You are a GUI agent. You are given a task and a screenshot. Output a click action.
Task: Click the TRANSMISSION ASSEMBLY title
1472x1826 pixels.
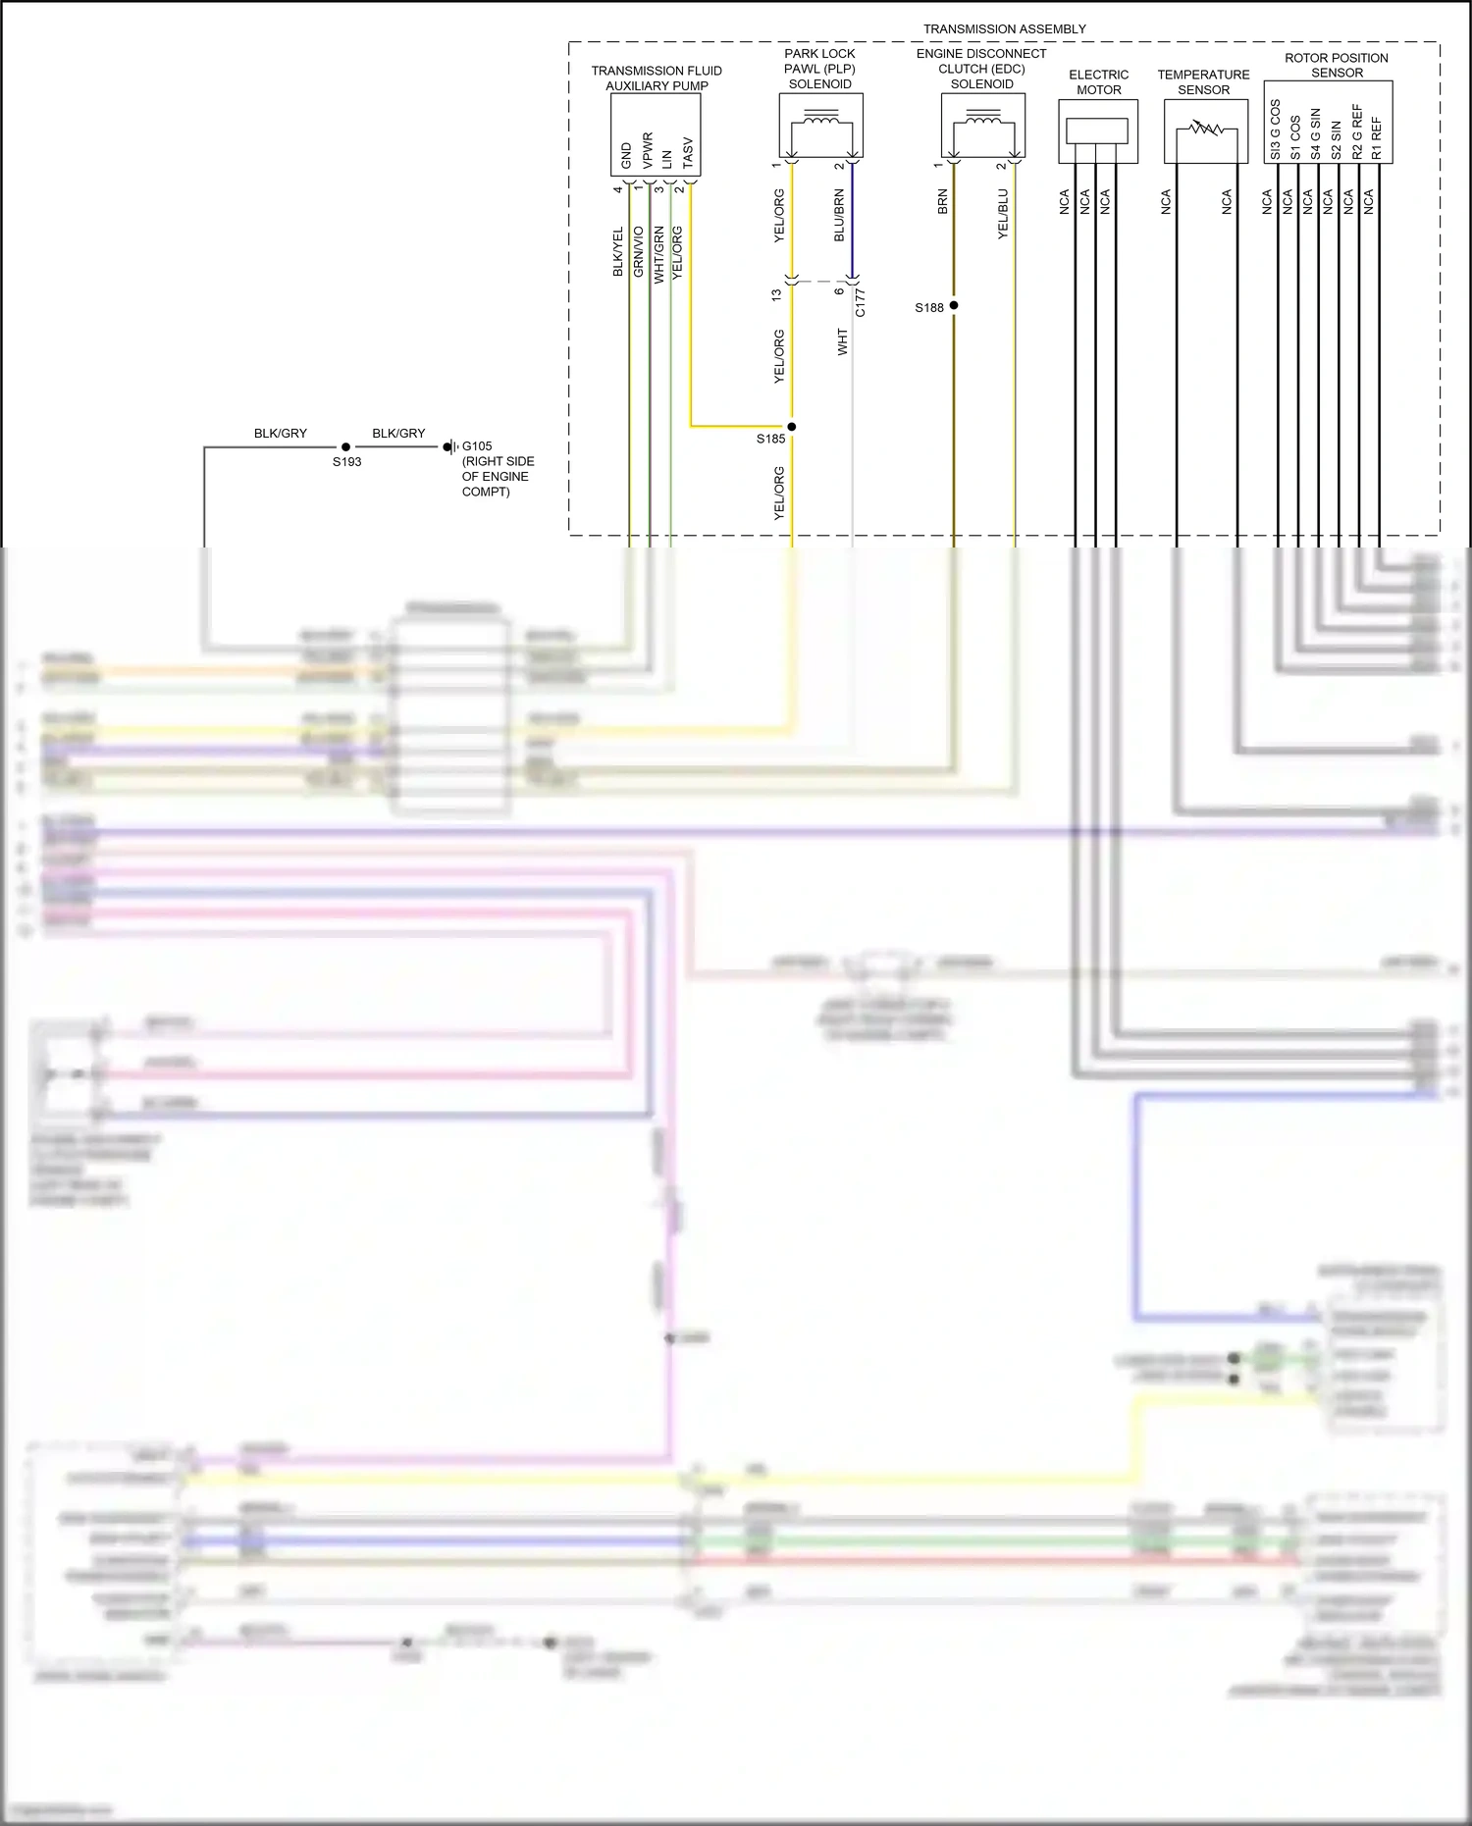point(1004,29)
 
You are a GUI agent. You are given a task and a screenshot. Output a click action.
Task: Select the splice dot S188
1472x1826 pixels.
point(954,306)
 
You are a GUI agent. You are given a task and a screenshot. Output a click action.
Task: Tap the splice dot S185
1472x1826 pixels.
point(792,427)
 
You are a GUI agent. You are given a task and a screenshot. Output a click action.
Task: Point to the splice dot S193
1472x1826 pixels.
point(345,447)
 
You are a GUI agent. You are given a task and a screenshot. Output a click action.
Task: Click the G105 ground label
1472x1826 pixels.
point(477,446)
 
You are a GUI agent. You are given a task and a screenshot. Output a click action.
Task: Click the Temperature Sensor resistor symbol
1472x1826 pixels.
point(1205,129)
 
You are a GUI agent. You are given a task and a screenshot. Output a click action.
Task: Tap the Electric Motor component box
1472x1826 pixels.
point(1097,130)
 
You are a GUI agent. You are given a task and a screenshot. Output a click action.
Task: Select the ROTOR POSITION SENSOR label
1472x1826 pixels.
point(1337,66)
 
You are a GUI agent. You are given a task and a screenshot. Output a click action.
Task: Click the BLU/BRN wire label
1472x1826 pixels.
point(839,216)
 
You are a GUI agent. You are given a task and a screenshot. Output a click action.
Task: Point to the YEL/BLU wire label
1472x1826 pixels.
point(1002,214)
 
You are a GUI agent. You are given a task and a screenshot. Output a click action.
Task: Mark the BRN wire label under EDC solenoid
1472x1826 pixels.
point(942,202)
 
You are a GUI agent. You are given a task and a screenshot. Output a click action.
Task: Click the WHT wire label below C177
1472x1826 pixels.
point(842,341)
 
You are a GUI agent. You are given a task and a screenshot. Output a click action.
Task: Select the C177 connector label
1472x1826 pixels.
point(860,302)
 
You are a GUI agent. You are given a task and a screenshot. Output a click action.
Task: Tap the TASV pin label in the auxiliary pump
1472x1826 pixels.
point(687,153)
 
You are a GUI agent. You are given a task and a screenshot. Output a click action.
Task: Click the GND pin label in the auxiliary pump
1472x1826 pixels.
point(626,155)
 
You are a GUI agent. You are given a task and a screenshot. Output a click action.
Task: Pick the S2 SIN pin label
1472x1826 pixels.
point(1336,140)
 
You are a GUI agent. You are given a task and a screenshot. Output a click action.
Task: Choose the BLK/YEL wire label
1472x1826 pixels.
point(617,252)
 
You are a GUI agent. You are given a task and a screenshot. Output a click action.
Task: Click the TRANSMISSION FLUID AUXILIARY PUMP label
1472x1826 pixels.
point(657,78)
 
